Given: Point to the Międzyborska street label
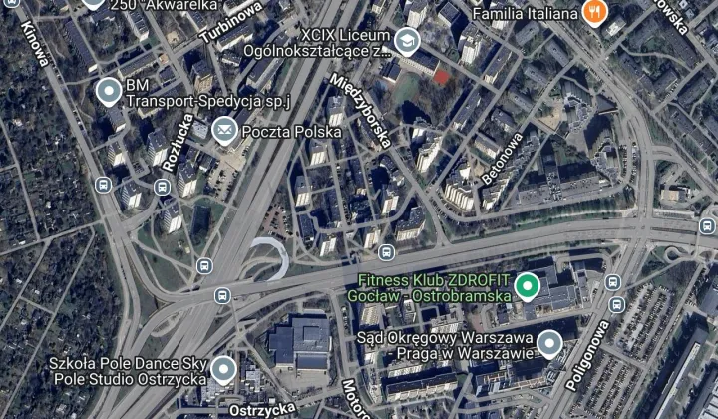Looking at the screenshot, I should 361,110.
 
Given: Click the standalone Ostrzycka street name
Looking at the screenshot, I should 261,408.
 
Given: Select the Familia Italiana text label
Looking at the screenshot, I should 525,14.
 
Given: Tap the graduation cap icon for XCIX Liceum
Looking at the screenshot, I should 406,41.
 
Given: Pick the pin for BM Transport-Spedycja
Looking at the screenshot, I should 109,91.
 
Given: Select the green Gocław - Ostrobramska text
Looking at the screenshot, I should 429,296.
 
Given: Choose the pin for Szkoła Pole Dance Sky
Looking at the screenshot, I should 223,370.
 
